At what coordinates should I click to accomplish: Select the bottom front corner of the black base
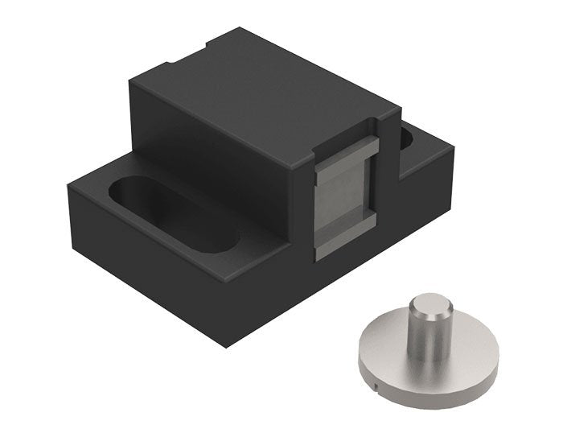pyautogui.click(x=228, y=344)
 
